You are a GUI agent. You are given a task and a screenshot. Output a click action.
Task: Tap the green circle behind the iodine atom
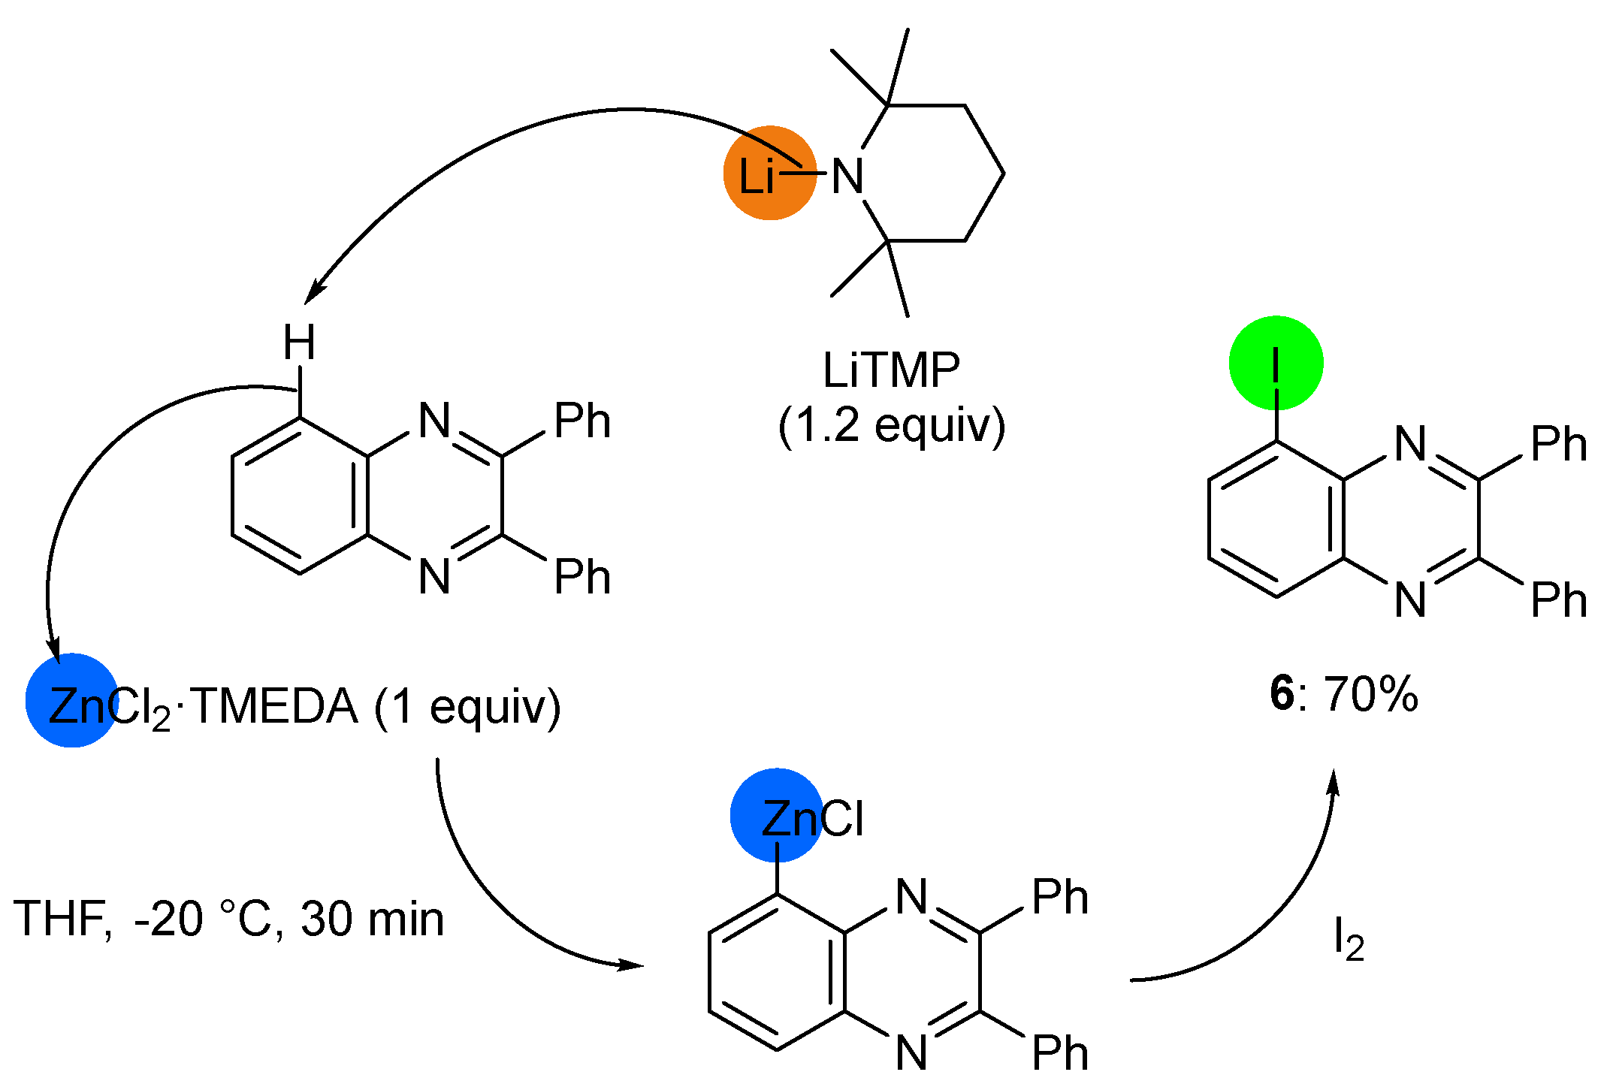(x=1276, y=362)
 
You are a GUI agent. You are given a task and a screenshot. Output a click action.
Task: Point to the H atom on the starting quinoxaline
(x=299, y=343)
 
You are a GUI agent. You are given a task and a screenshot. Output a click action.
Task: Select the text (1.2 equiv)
(x=891, y=426)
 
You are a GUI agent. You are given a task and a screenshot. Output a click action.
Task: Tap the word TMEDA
(x=275, y=707)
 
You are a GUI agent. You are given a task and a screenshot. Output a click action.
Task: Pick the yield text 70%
(x=1371, y=693)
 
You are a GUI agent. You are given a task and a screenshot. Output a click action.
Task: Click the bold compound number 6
(x=1282, y=693)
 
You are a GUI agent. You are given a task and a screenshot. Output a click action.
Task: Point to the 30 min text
(x=373, y=919)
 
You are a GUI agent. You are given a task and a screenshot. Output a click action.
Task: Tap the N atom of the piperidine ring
(x=847, y=177)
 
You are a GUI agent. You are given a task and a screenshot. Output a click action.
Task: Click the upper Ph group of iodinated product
(x=1559, y=443)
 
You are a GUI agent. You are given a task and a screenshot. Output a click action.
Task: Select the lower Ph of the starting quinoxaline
(x=582, y=577)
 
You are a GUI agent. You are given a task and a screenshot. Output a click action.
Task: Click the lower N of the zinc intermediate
(x=911, y=1052)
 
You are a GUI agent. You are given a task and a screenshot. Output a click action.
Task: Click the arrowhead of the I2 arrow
(x=1334, y=781)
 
